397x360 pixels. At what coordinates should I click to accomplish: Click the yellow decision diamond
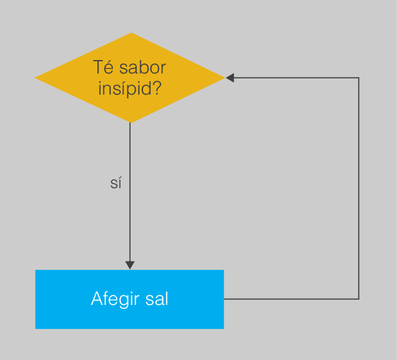(130, 78)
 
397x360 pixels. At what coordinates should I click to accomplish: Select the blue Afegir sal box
(130, 299)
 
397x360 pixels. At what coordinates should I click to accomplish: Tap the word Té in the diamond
(103, 67)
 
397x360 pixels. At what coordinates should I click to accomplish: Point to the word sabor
(142, 68)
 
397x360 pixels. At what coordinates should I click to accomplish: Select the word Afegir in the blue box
(115, 299)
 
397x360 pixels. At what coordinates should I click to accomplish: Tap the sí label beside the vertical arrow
(116, 183)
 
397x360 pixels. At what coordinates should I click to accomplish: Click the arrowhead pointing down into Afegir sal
(130, 265)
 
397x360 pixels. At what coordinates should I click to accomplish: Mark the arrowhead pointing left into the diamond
(230, 78)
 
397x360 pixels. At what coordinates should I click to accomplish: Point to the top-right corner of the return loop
(359, 78)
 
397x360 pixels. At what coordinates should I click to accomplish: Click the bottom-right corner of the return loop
(359, 299)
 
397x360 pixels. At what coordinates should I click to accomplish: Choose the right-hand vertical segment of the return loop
(359, 188)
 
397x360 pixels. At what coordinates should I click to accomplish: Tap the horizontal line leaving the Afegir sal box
(291, 299)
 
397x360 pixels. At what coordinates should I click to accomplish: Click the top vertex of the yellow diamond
(131, 33)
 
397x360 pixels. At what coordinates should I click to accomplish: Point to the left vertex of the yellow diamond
(35, 78)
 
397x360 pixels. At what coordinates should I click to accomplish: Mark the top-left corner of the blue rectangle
(36, 270)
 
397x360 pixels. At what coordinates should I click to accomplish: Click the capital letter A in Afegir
(97, 299)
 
